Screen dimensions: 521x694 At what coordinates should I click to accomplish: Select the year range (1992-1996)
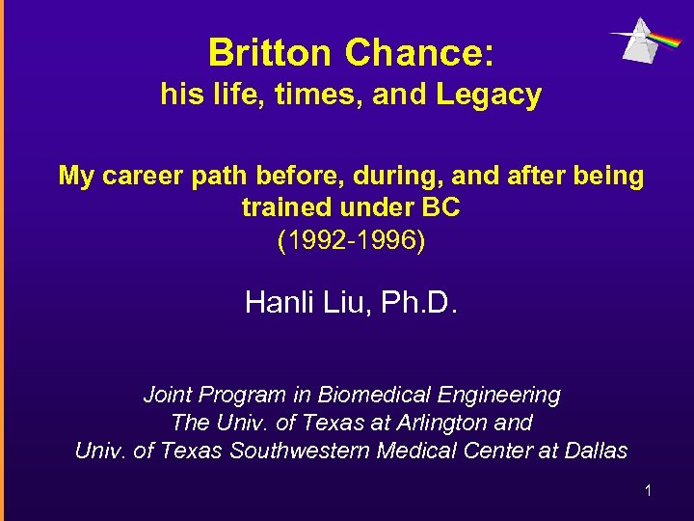click(351, 239)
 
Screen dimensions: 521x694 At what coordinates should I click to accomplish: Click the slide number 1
click(648, 491)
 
